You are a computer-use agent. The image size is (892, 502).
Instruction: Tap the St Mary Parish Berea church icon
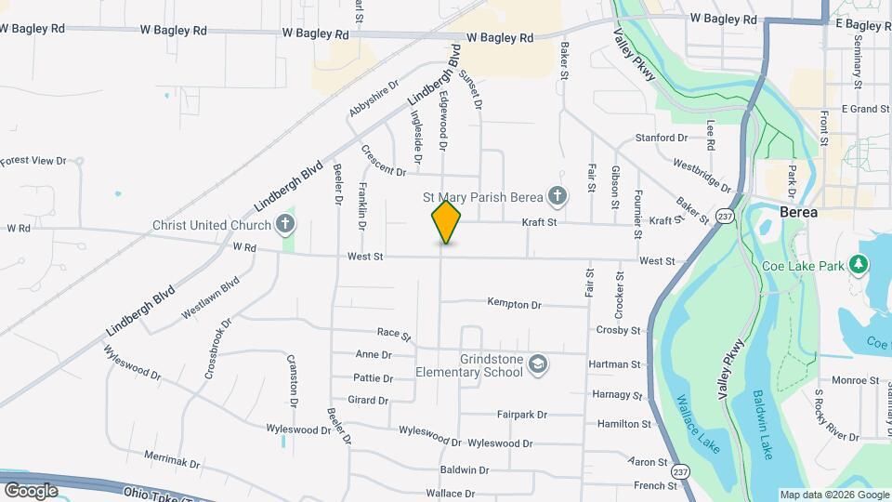[557, 196]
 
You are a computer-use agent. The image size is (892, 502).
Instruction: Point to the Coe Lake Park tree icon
[860, 266]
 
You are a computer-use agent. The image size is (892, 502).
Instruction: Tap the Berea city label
[799, 212]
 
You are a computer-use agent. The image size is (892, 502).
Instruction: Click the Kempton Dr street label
[514, 304]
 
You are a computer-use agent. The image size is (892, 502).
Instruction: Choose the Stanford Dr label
[661, 138]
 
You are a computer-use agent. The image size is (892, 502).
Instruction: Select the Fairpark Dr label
[522, 415]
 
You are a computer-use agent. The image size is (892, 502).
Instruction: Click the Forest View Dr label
[34, 161]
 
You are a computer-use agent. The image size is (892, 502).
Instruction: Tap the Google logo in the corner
[30, 490]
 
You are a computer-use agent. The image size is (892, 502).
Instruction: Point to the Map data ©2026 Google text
[834, 495]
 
